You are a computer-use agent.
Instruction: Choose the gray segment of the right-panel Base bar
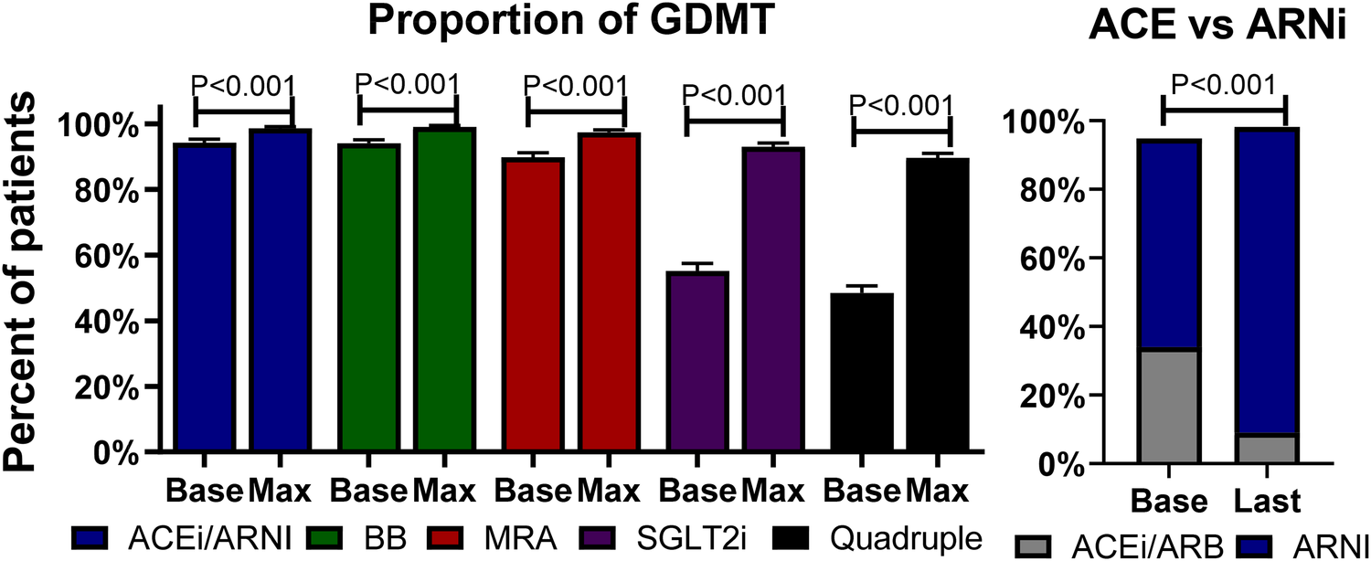(x=1168, y=406)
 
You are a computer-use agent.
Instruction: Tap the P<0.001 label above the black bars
(x=901, y=107)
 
